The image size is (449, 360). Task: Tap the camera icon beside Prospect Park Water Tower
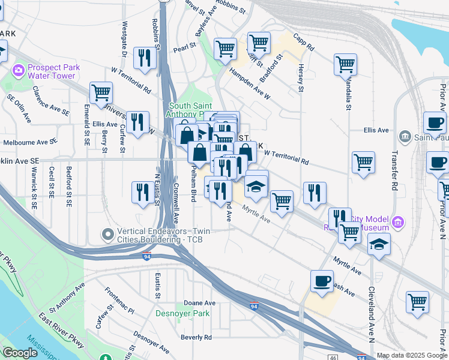click(x=18, y=71)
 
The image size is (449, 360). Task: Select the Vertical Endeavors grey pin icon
click(x=107, y=233)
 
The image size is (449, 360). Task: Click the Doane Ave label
click(x=199, y=303)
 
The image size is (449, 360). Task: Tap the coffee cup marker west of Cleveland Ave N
click(x=322, y=281)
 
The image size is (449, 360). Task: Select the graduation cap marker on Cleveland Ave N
click(x=379, y=244)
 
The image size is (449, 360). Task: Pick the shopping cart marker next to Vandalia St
click(x=345, y=64)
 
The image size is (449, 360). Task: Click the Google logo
click(x=20, y=353)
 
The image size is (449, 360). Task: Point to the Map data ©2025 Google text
click(x=412, y=356)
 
